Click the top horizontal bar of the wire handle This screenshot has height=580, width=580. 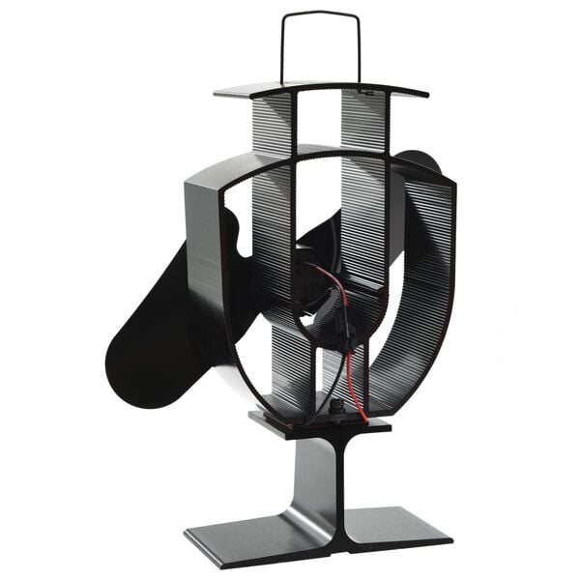tap(320, 14)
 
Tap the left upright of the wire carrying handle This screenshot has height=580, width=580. tap(283, 48)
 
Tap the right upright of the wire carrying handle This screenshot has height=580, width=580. tap(359, 48)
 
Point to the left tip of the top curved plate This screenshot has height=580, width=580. tap(218, 93)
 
